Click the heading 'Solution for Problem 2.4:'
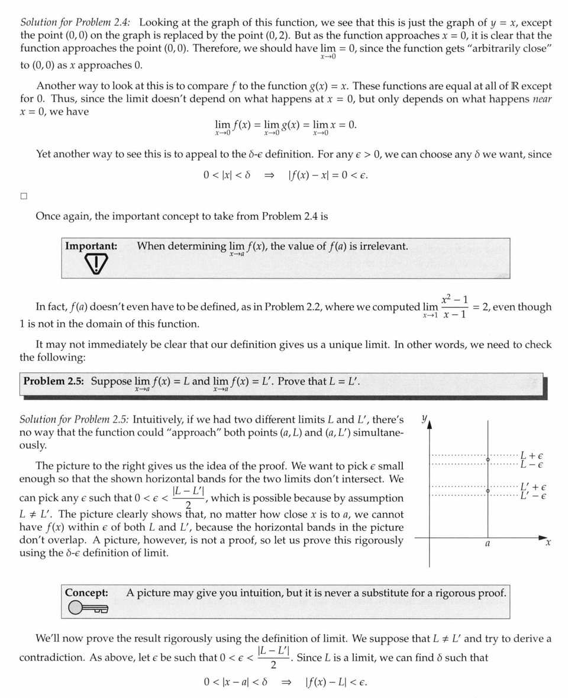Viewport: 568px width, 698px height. coord(75,22)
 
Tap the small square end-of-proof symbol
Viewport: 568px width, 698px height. coord(24,196)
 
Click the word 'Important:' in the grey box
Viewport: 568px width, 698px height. coord(91,246)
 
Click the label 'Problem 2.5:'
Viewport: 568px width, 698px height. coord(53,381)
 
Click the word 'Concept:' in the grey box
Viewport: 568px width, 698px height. coord(86,592)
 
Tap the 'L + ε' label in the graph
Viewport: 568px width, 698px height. coord(532,456)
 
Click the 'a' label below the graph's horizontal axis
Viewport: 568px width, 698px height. coord(487,543)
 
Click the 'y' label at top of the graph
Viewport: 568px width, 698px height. coord(424,418)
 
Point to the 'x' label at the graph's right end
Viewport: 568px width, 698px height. coord(548,543)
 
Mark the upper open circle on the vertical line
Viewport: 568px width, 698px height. coord(488,459)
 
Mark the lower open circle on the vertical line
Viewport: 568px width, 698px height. coord(488,491)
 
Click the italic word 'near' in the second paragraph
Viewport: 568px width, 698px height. coord(542,99)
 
